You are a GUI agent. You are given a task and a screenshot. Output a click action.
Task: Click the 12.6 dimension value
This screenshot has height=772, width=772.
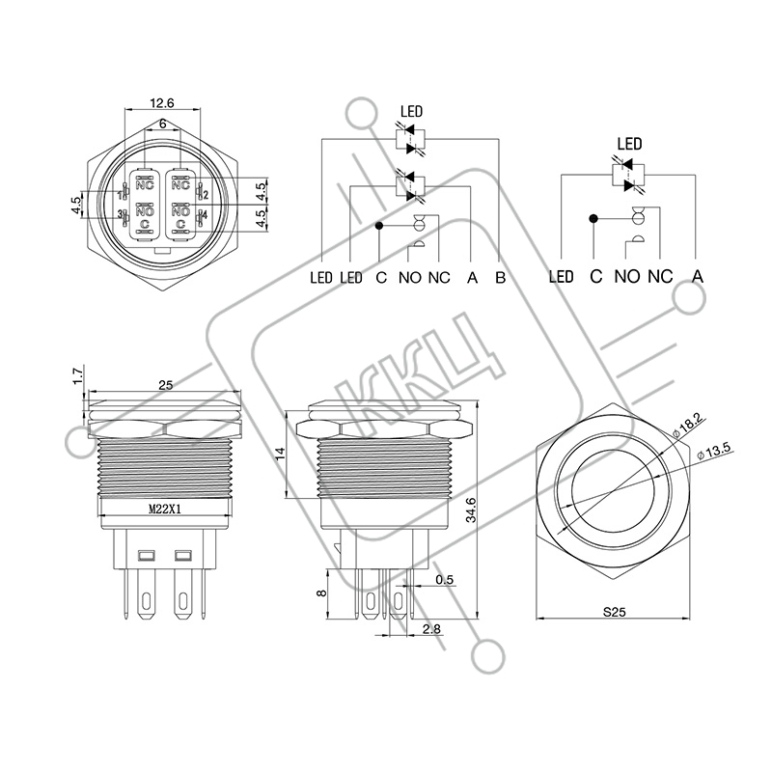[162, 103]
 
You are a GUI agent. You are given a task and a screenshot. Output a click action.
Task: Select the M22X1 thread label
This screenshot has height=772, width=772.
[165, 510]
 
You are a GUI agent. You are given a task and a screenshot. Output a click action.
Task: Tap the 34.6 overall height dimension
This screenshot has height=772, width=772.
[471, 510]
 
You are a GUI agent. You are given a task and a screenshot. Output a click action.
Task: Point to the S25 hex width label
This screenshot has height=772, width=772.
[614, 612]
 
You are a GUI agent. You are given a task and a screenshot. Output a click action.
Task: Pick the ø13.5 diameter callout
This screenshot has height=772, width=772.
[714, 452]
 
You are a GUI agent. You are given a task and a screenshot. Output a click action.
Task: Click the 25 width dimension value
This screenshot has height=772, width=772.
[165, 384]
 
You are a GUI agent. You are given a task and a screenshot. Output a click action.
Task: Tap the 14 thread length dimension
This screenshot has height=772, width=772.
[280, 454]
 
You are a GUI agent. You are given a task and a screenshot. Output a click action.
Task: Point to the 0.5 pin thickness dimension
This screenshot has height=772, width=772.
[444, 580]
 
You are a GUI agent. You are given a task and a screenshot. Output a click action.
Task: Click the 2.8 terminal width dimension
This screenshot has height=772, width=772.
[431, 629]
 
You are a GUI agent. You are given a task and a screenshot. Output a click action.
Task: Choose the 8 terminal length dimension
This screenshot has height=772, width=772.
[321, 593]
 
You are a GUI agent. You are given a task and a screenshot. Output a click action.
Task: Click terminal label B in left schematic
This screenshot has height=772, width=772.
[500, 278]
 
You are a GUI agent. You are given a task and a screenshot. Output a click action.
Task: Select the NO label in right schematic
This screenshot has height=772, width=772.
[626, 277]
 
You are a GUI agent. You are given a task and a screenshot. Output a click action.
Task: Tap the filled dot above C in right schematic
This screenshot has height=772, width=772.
[593, 218]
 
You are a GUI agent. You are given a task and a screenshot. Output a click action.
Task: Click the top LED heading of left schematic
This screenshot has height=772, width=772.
[412, 112]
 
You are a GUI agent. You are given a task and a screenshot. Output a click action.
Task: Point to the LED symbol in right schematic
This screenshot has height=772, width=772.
[628, 175]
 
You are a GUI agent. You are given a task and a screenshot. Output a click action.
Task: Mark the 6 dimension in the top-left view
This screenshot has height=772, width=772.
[162, 124]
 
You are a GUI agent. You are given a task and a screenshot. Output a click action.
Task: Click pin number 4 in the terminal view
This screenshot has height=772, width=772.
[205, 215]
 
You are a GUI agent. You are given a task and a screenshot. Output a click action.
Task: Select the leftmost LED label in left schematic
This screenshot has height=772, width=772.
[321, 278]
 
